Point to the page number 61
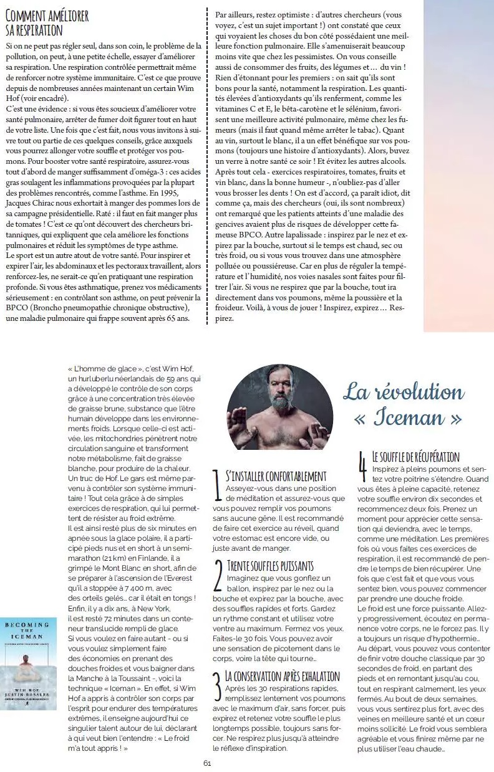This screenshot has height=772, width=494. click(207, 763)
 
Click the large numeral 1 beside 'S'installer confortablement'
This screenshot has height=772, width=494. click(216, 486)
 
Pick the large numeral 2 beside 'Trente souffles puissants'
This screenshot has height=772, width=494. click(218, 575)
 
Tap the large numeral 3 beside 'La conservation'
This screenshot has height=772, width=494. click(217, 685)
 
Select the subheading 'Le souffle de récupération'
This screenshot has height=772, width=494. click(415, 457)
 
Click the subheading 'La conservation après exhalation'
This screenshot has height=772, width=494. click(283, 676)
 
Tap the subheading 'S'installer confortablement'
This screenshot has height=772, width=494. click(276, 477)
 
